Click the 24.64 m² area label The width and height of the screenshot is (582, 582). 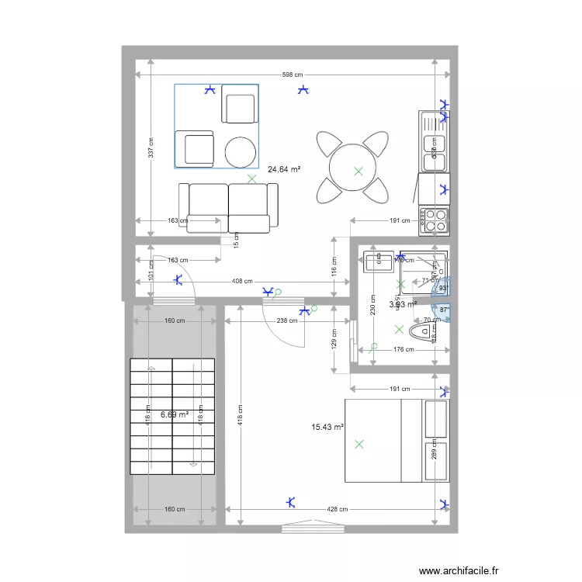(284, 169)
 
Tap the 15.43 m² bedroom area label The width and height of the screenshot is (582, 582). (327, 427)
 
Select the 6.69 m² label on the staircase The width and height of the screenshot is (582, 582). (175, 414)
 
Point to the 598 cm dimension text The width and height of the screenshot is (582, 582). (292, 75)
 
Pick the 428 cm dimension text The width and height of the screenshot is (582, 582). (338, 509)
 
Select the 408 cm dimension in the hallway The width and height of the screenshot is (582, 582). (242, 281)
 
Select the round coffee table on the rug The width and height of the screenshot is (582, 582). (241, 151)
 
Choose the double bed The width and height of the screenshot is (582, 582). (396, 440)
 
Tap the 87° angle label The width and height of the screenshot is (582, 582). (444, 310)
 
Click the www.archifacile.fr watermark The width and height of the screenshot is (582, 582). (458, 570)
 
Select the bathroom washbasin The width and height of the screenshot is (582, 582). (378, 260)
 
